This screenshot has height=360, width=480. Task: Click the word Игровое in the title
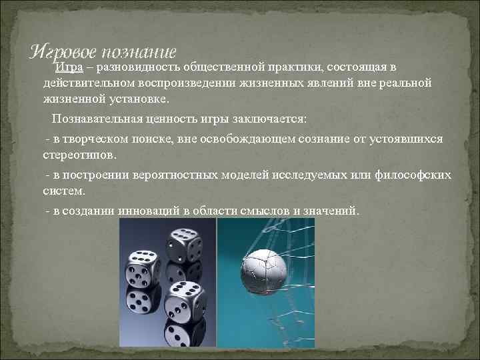click(x=63, y=51)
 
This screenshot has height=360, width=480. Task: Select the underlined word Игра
click(x=68, y=67)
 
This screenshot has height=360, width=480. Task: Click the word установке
click(x=138, y=98)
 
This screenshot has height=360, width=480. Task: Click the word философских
click(x=411, y=175)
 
